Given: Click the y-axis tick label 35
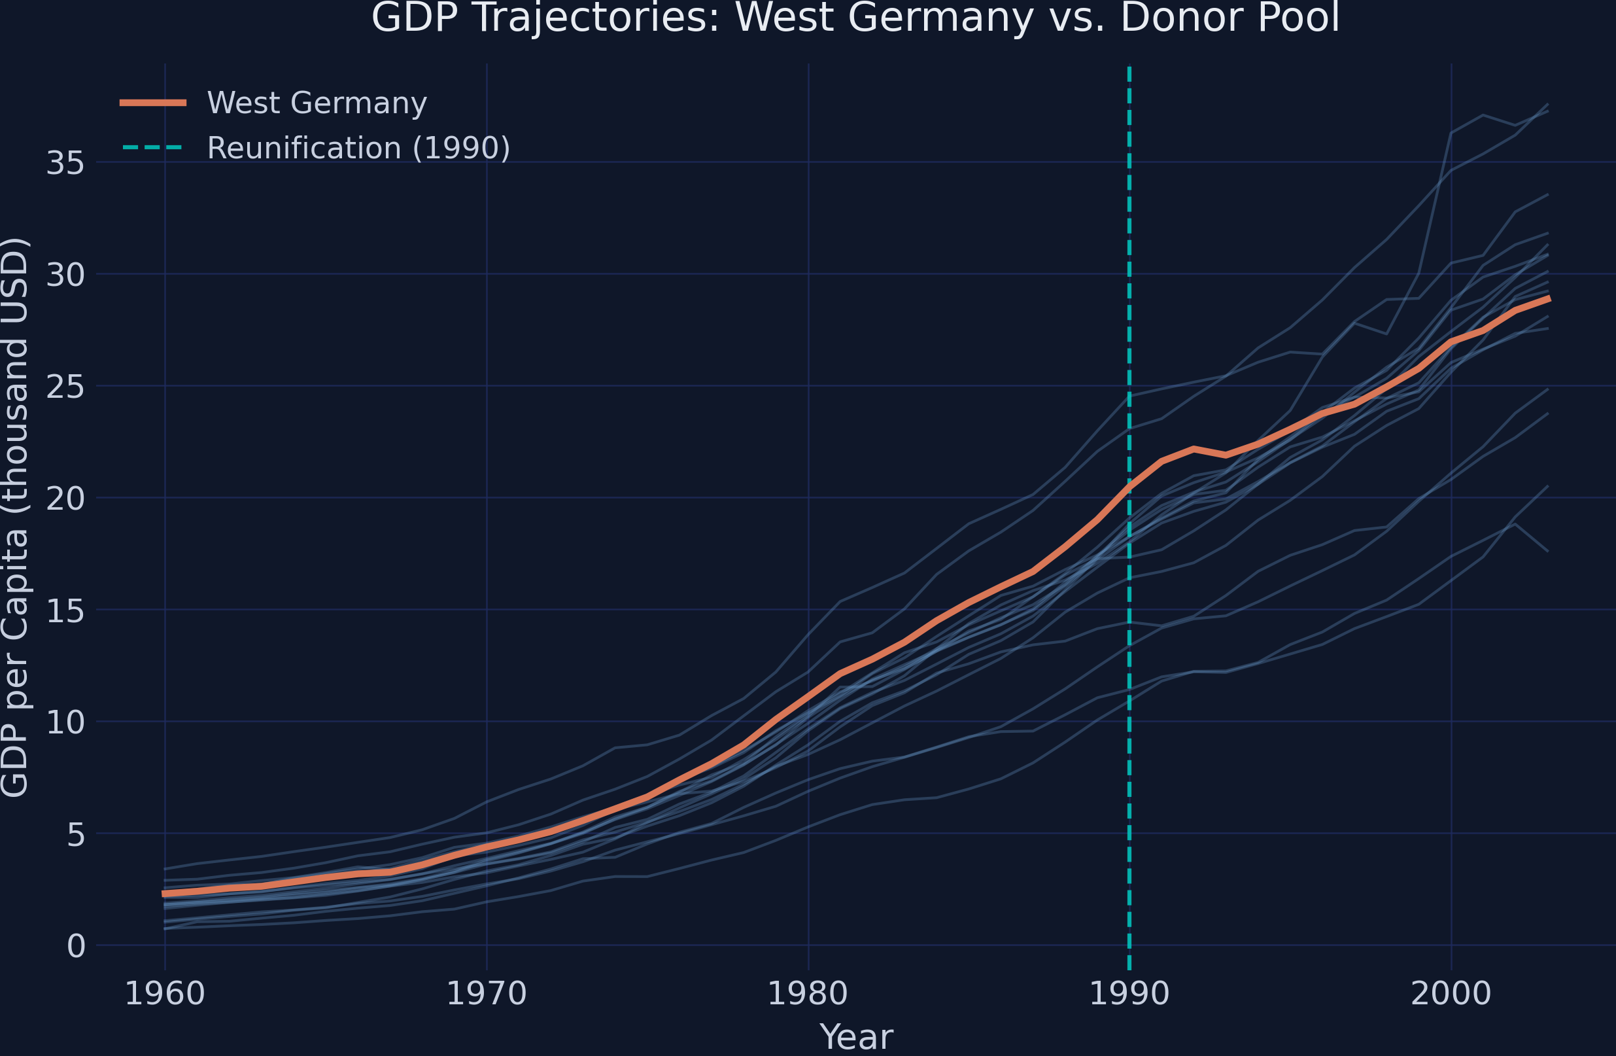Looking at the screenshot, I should coord(65,163).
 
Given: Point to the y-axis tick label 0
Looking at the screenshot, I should coord(76,946).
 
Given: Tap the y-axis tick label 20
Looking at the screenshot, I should coord(65,499).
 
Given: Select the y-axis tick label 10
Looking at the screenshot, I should coord(65,722).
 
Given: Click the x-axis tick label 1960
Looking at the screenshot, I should coord(164,994).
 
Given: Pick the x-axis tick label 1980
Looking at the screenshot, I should coord(808,994).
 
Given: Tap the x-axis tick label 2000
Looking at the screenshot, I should coord(1451,994).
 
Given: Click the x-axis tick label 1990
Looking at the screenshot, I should coord(1129,994).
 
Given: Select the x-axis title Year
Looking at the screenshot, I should coord(856,1037).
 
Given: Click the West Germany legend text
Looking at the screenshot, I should coord(317,103).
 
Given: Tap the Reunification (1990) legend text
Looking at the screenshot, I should coord(358,148).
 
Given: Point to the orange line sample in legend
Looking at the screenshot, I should coord(154,103).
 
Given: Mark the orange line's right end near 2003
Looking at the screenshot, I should coord(1549,298).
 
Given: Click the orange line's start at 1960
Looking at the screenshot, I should coord(164,894).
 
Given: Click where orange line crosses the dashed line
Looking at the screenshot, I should coord(1129,485).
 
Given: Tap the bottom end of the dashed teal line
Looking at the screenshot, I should coord(1129,968).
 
